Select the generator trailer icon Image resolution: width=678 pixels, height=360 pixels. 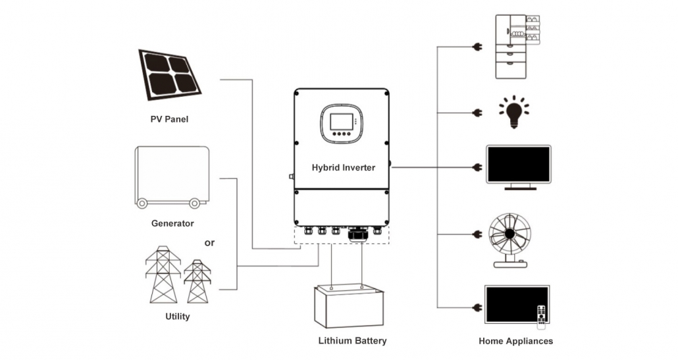pos(172,176)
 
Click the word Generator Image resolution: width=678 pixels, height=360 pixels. pos(172,223)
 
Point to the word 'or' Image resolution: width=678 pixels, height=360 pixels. pos(209,243)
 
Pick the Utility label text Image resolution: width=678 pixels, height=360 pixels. pos(177,317)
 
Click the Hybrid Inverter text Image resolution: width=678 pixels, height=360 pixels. pos(343,168)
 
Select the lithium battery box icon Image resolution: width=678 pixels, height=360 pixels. pos(346,306)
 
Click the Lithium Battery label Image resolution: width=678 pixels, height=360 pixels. pos(352,341)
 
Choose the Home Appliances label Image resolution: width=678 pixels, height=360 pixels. pos(515,341)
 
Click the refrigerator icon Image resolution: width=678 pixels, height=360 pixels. pos(517,46)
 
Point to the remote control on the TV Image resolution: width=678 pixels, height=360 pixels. pos(542,317)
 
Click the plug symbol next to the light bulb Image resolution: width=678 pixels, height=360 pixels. pos(477,113)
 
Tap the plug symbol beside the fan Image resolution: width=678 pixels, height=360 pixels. pos(477,234)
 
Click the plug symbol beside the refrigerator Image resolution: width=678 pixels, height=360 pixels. pos(477,47)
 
